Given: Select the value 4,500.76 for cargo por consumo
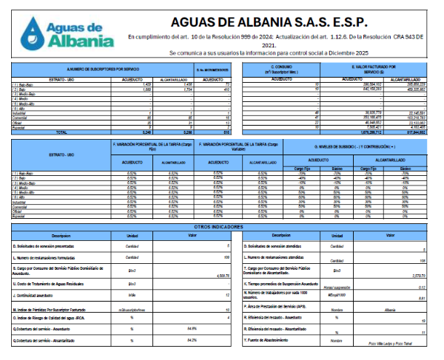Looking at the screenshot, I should (222, 276).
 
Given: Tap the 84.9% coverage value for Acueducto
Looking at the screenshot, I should (192, 327).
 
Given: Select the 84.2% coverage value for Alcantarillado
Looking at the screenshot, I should (192, 340).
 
